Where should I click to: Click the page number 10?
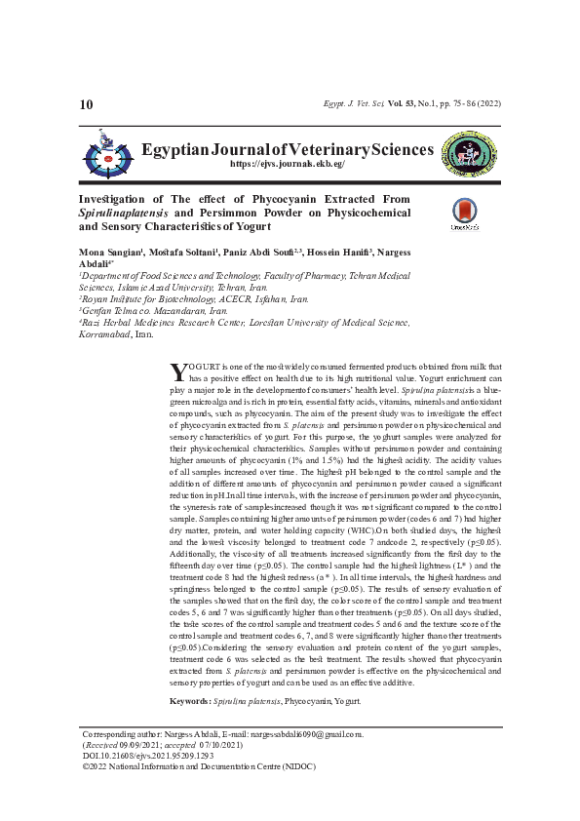coord(86,104)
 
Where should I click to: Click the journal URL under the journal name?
coord(287,165)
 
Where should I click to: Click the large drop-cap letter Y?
coord(177,371)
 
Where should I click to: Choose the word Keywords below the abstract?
coord(188,702)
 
